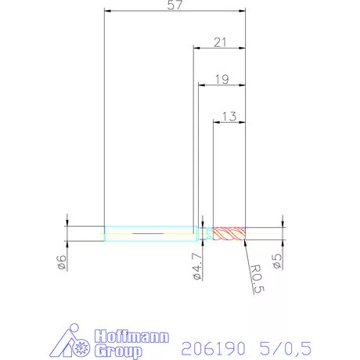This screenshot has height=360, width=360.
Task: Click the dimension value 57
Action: (x=175, y=5)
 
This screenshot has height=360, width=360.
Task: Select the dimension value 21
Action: (x=220, y=42)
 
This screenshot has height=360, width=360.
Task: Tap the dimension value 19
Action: (x=220, y=79)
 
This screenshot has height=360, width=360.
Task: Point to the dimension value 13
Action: (x=229, y=116)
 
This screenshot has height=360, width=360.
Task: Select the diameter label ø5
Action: (x=277, y=261)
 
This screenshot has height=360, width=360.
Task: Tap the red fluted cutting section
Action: (x=229, y=233)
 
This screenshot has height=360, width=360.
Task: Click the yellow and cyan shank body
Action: (x=149, y=233)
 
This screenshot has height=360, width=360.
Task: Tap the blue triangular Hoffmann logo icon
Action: (x=74, y=344)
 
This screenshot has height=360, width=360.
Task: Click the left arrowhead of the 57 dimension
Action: (x=108, y=12)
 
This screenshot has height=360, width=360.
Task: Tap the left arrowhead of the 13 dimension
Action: (x=218, y=122)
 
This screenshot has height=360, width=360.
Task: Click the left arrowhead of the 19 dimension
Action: (x=201, y=85)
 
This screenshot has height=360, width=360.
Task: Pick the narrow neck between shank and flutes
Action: (x=207, y=233)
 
